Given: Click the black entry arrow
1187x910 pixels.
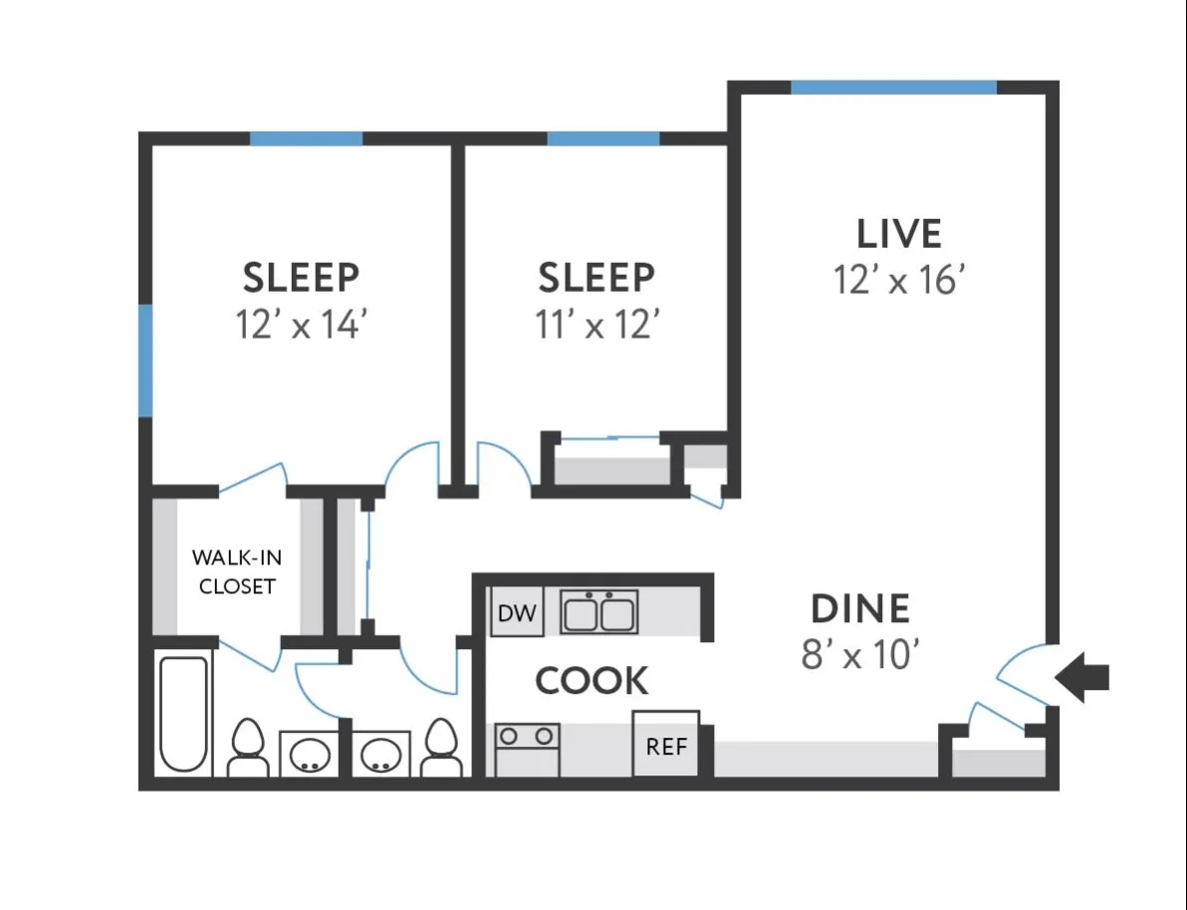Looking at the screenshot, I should [1082, 679].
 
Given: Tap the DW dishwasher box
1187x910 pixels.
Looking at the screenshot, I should [517, 613].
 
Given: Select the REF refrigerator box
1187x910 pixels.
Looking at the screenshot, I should [666, 745].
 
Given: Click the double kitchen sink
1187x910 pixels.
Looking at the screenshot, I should [598, 612].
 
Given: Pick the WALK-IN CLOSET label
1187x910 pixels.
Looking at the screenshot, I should [237, 571].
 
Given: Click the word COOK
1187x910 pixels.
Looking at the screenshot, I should [592, 682].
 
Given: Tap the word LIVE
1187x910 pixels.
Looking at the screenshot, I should [899, 233].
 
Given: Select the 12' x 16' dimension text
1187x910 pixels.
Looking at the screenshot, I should [899, 281].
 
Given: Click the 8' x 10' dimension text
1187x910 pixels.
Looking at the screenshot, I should [859, 655].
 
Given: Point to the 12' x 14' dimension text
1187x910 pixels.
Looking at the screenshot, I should [303, 325].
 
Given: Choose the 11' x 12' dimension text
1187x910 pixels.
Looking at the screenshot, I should [597, 325].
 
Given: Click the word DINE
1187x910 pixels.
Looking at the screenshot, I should [859, 608].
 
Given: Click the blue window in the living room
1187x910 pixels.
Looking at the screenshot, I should [893, 88].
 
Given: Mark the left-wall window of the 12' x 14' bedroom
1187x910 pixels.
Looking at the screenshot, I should [145, 360].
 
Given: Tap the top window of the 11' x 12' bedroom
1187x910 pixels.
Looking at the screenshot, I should [603, 138].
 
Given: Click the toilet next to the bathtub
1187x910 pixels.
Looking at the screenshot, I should [247, 749].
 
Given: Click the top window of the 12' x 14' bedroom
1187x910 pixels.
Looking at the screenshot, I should [306, 138].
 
